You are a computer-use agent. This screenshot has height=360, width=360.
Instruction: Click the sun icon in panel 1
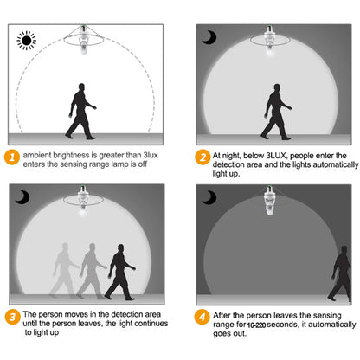pos(27,41)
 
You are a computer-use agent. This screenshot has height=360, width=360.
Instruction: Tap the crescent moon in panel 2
pos(210,38)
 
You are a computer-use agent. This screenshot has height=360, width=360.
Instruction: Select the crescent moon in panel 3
pos(22,197)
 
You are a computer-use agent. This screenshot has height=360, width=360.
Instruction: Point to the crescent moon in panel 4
pos(210,197)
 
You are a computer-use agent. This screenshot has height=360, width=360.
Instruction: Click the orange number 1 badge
pos(12,157)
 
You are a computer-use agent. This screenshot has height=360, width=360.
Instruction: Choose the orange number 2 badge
pos(202,157)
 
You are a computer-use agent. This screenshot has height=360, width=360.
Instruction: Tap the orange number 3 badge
pos(12,317)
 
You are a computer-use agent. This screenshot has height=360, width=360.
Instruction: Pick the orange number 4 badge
pos(202,317)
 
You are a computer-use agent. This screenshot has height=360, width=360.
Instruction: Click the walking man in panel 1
pos(80,112)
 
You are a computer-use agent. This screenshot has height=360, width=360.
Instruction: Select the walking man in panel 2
pos(276,112)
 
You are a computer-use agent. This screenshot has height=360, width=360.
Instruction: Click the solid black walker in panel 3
pos(120,272)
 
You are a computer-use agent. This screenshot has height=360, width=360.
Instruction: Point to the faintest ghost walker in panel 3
pos(65,270)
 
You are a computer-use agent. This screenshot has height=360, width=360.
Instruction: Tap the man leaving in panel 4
pos(340,273)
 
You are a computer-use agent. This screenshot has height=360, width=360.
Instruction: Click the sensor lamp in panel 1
pos(84,39)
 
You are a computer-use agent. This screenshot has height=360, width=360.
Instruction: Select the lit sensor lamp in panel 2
pos(270,40)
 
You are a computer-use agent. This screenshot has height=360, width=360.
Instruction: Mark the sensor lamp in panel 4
pos(270,200)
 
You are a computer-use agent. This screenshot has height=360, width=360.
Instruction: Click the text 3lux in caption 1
pos(151,155)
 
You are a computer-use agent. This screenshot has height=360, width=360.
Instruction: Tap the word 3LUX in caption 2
pos(276,156)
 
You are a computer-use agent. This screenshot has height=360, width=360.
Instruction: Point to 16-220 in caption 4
pos(256,325)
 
